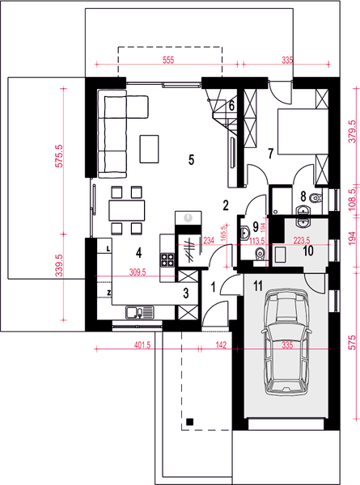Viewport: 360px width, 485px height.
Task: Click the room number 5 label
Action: [x=192, y=159]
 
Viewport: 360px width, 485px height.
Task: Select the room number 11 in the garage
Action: [x=257, y=285]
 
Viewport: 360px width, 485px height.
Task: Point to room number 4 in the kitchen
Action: [x=139, y=251]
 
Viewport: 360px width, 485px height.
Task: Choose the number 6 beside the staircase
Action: [x=231, y=104]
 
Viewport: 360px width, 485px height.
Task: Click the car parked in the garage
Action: [x=287, y=344]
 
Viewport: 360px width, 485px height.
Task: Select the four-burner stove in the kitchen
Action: [x=168, y=260]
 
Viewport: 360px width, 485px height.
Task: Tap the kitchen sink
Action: [x=138, y=311]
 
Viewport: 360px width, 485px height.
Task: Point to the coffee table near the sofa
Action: [x=150, y=148]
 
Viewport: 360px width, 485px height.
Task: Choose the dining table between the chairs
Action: [x=127, y=209]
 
